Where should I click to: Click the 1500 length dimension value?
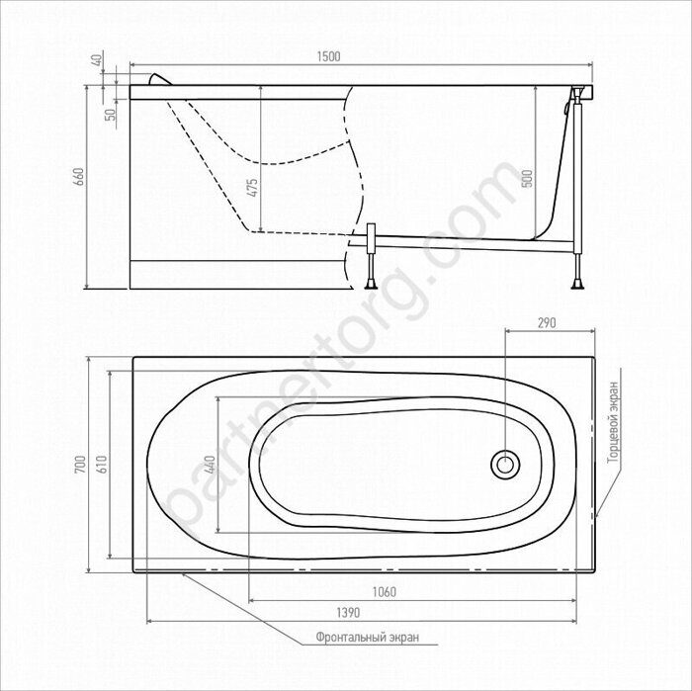click(x=329, y=57)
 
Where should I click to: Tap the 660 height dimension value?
click(x=79, y=177)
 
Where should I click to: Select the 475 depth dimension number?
click(x=252, y=188)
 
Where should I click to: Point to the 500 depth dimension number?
click(x=528, y=178)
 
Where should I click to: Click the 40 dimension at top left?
click(x=99, y=57)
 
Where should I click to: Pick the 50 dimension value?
click(x=112, y=115)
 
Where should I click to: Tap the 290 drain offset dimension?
click(x=547, y=323)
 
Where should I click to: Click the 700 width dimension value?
click(x=79, y=465)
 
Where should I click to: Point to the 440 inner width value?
click(x=211, y=465)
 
